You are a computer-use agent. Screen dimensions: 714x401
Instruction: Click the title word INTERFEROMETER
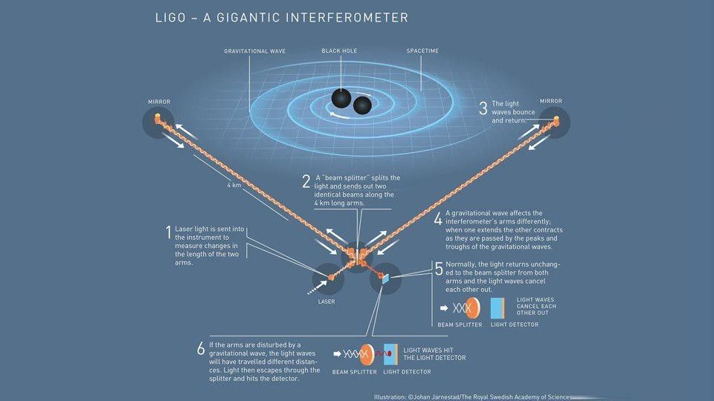[x=347, y=18]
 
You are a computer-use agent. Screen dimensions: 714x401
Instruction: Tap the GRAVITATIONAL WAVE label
[x=255, y=51]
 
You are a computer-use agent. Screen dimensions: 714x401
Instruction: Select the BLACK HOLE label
[x=339, y=50]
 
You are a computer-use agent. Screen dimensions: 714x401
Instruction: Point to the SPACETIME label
[x=422, y=50]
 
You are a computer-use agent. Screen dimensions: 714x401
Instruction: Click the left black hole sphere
[x=341, y=98]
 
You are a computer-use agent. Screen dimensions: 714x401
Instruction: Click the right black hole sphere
[x=362, y=105]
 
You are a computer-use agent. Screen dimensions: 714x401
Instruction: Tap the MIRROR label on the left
[x=159, y=102]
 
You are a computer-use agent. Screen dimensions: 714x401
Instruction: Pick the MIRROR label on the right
[x=551, y=101]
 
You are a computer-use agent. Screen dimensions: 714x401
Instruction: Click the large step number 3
[x=483, y=108]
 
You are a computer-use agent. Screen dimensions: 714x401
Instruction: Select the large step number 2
[x=306, y=181]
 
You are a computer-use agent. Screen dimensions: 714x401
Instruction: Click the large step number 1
[x=169, y=232]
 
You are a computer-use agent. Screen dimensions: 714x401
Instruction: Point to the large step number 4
[x=438, y=219]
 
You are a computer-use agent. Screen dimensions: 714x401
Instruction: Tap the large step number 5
[x=439, y=269]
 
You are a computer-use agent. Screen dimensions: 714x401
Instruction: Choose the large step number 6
[x=201, y=349]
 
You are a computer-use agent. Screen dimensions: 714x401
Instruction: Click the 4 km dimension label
[x=234, y=185]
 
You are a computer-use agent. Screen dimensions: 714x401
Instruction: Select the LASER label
[x=327, y=301]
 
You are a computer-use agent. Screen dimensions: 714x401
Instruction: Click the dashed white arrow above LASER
[x=318, y=288]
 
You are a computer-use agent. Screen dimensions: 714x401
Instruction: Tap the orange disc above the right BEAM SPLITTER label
[x=474, y=307]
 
